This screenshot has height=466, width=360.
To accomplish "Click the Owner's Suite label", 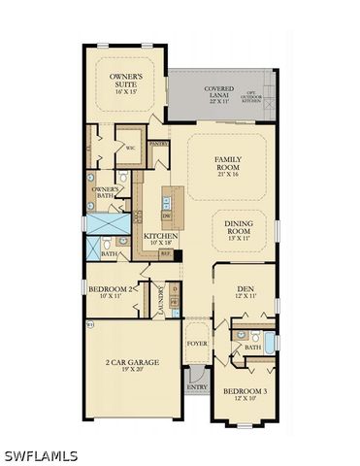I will (x=125, y=81).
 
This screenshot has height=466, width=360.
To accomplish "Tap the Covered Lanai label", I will (x=218, y=94).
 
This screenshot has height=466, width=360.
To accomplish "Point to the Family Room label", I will (x=227, y=166).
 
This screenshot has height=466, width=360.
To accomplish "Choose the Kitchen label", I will (x=159, y=239).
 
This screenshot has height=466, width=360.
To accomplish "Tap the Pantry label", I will (x=159, y=144).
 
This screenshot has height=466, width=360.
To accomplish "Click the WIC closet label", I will (x=129, y=149).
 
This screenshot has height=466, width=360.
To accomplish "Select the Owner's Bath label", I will (x=105, y=192).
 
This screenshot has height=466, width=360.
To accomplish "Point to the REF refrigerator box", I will (x=165, y=254).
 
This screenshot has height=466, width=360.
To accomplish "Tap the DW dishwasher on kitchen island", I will (x=167, y=216).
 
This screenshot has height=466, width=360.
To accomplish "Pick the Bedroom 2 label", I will (x=111, y=291).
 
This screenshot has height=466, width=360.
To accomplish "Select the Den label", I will (x=245, y=291).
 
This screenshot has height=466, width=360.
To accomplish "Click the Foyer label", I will (x=197, y=344).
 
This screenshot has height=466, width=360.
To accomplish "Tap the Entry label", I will (x=197, y=386).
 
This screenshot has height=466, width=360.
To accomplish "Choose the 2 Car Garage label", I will (x=132, y=366).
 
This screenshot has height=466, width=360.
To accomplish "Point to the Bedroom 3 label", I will (x=245, y=394).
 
